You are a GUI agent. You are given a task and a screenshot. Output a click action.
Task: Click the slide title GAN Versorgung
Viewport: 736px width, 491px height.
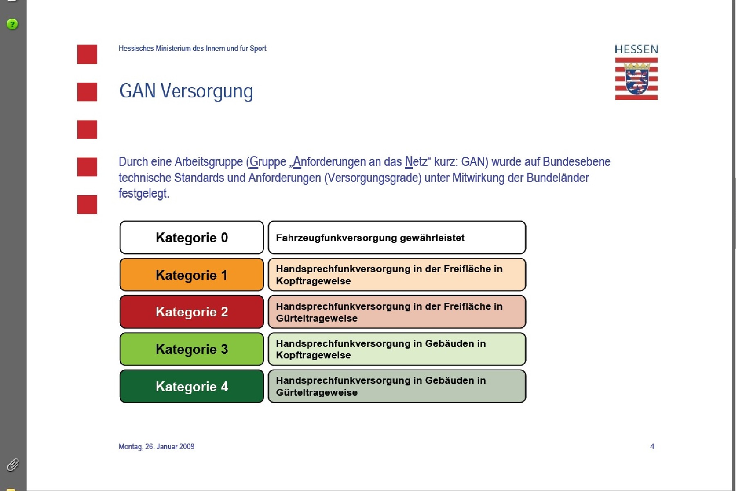coord(186,91)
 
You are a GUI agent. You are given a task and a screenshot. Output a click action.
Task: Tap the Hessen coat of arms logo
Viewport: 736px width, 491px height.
coord(636,79)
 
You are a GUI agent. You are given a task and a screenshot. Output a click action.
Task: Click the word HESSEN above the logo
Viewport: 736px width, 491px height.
coord(636,50)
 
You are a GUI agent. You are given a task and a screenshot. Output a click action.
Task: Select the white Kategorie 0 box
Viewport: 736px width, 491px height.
coord(192,237)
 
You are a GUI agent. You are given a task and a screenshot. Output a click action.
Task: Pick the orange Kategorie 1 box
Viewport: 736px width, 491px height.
coord(192,275)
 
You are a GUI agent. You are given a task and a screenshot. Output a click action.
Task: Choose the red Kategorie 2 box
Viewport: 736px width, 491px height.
coord(192,312)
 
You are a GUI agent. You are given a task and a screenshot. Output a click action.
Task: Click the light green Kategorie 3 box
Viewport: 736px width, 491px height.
coord(192,349)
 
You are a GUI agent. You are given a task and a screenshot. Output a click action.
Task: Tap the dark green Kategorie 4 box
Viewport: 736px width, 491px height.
coord(192,386)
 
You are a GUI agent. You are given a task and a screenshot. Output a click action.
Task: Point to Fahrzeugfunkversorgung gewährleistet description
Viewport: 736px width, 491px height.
coord(370,238)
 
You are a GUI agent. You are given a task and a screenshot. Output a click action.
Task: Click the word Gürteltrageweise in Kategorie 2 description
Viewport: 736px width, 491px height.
coord(317,318)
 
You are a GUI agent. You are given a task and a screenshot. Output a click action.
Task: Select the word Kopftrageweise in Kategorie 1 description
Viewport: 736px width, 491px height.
coord(313,281)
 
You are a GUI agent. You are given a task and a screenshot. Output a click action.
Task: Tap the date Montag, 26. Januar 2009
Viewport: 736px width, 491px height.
coord(157,446)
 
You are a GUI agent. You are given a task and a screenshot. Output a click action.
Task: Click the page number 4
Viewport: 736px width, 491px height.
coord(652,446)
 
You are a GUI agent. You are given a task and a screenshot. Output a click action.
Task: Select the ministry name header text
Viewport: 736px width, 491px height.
coord(192,49)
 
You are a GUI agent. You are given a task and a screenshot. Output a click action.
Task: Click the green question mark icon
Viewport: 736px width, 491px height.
coord(12,24)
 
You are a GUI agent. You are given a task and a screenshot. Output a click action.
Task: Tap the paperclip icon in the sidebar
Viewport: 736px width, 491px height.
coord(13,465)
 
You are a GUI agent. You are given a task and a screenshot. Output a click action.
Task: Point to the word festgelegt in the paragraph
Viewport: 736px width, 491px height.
coord(144,193)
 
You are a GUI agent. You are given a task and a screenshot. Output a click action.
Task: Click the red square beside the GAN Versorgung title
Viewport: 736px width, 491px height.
coord(87,92)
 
